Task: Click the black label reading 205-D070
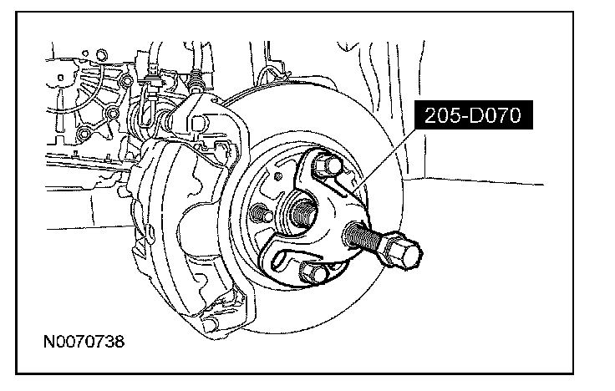474,115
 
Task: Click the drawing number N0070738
84,342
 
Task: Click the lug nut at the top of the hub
328,165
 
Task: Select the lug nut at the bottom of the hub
314,272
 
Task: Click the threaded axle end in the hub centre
303,211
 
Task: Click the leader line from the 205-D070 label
384,160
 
